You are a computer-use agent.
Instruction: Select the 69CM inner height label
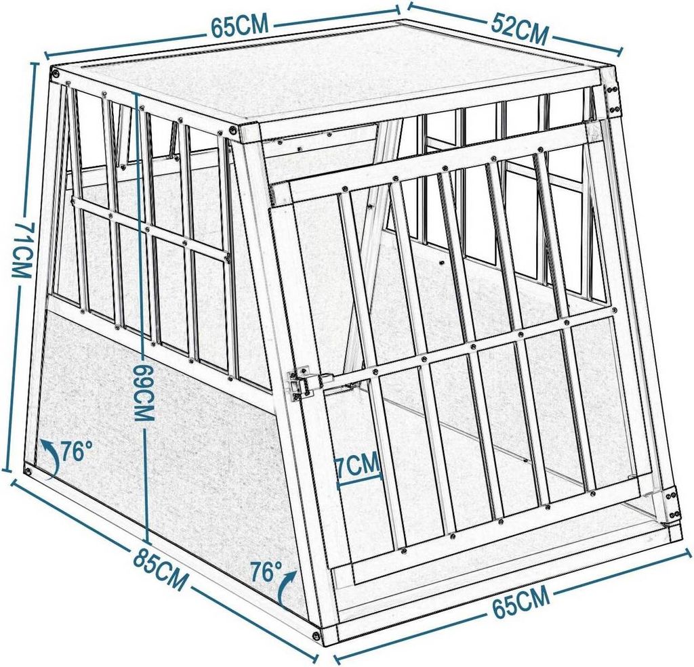point(143,393)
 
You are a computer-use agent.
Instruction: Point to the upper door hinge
point(614,98)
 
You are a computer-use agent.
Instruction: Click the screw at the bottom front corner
point(317,634)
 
